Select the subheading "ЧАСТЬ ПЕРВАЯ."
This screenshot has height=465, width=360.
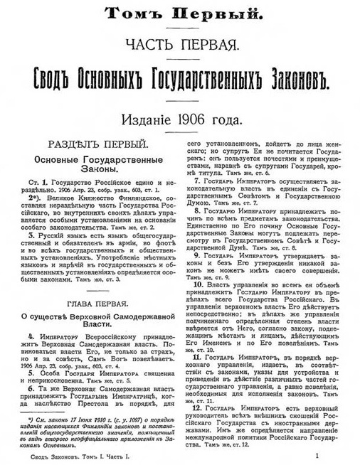179,44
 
